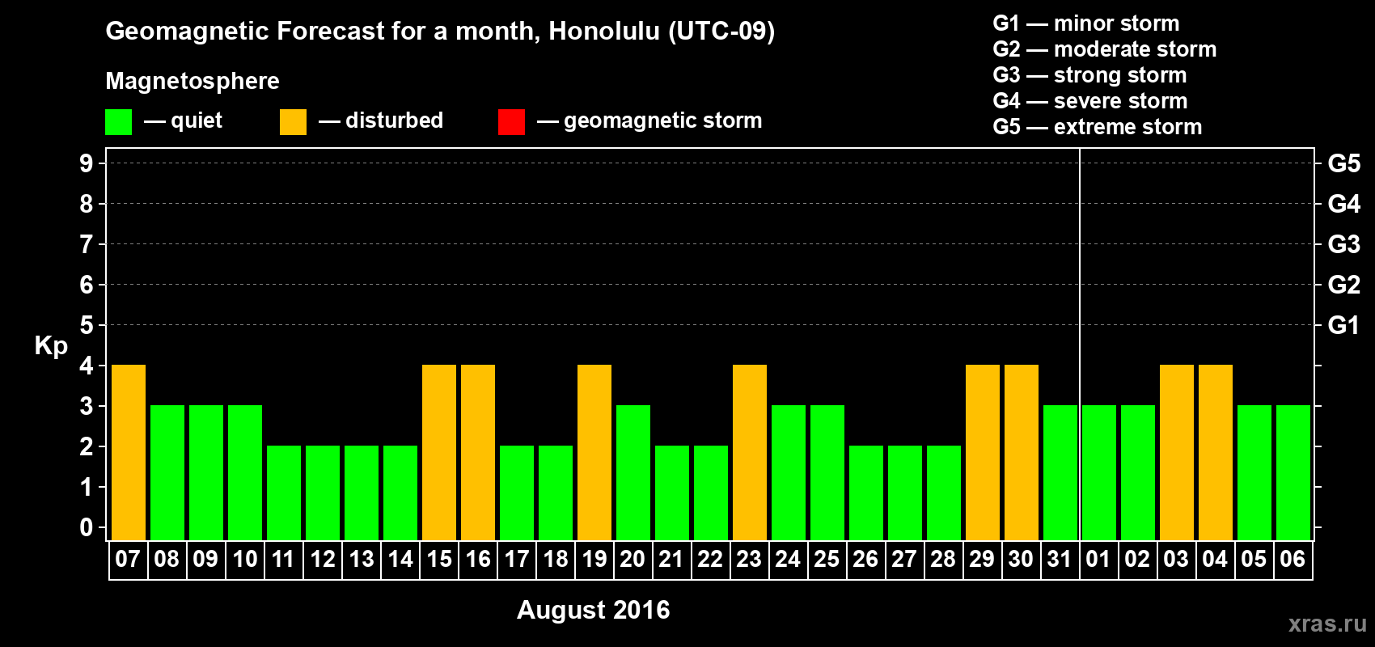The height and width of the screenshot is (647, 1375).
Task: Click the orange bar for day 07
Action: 129,452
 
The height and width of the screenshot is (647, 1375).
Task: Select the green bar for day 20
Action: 632,472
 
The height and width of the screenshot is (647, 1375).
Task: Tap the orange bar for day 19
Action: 594,452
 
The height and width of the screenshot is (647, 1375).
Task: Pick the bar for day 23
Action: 750,452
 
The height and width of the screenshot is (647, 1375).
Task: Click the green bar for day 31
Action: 1060,472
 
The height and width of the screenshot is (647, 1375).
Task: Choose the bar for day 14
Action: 400,493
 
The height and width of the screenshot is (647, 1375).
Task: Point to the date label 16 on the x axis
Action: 478,559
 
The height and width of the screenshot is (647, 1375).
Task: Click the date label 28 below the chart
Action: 943,559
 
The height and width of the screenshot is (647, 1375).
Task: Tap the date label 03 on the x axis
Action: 1176,559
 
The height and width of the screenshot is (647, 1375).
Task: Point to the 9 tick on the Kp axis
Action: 86,163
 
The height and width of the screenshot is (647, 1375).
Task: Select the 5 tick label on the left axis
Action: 86,325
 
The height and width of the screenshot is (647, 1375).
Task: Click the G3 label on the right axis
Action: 1344,244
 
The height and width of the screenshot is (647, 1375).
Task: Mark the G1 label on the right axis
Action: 1344,325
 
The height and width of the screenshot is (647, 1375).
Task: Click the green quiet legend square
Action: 118,121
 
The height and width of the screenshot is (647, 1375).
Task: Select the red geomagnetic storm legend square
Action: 512,121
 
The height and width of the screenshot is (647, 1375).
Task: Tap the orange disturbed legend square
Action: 294,121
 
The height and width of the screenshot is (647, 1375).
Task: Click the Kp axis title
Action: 51,346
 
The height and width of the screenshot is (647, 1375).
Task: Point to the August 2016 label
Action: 594,610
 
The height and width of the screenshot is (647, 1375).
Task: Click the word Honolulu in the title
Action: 604,31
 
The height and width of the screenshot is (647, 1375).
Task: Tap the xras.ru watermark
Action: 1328,624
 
